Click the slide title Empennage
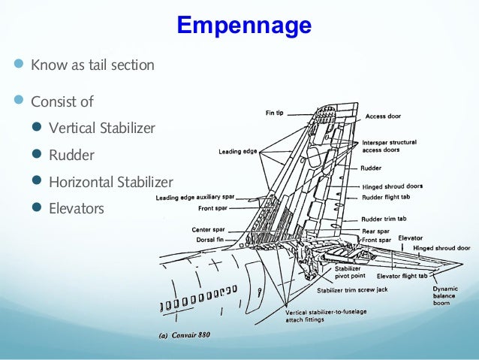coord(243,25)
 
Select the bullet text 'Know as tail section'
coord(92,65)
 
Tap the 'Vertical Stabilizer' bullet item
coord(101,128)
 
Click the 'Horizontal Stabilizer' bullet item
coord(110,182)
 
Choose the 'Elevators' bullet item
coord(77,208)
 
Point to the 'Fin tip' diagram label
coord(274,113)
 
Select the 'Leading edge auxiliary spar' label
coord(194,198)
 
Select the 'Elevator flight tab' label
coord(404,276)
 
